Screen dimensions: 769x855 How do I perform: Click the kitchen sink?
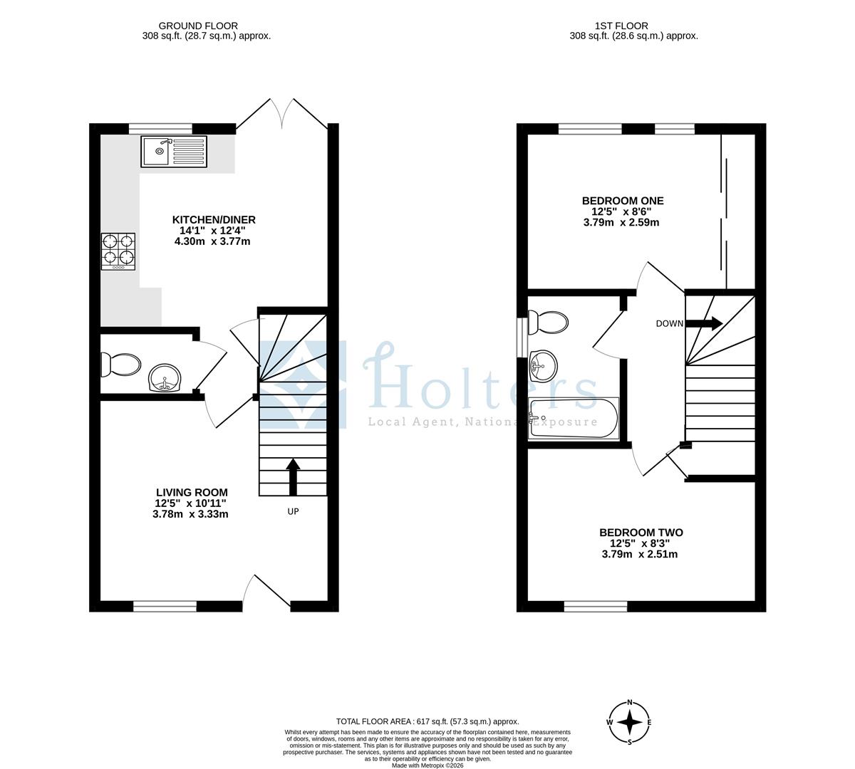pos(175,151)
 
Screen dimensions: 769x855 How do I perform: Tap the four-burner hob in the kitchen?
pos(118,251)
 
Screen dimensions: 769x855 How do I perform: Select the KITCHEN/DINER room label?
pos(213,219)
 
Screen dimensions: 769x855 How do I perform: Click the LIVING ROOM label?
pos(192,492)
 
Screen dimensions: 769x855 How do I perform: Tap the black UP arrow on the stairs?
pos(292,476)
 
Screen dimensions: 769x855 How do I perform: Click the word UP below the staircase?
pos(293,511)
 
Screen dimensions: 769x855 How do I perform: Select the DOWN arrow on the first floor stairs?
pos(705,323)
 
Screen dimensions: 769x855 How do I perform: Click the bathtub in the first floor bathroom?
pos(574,419)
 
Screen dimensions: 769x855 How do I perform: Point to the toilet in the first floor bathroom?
pos(549,323)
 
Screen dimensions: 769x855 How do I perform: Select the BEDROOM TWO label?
pos(641,533)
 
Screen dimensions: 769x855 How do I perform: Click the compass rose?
pos(630,722)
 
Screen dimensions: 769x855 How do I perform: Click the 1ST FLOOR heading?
pos(633,26)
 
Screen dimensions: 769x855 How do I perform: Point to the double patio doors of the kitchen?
pos(284,114)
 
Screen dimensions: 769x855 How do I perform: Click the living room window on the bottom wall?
pos(165,606)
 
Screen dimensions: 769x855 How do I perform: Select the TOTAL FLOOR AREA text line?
pos(427,721)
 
